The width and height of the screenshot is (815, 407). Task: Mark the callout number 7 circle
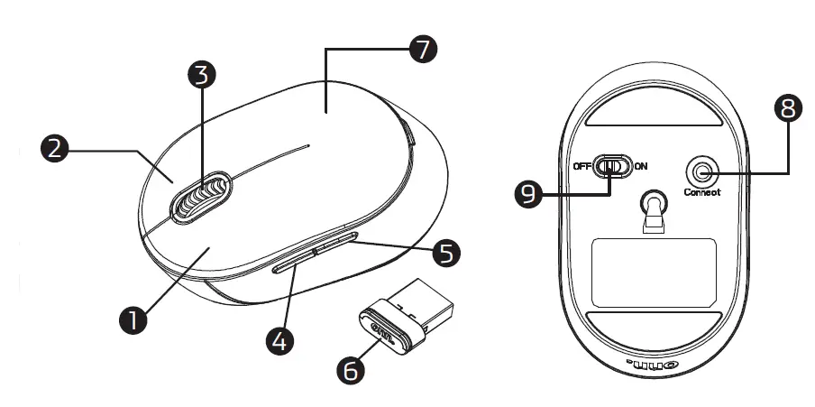(421, 50)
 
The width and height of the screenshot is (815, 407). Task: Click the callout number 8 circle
(788, 109)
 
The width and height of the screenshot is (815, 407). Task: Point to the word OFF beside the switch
(581, 167)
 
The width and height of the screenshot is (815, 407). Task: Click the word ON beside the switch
(641, 167)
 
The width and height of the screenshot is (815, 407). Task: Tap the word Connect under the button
(702, 192)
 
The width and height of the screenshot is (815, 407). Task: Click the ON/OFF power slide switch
(612, 167)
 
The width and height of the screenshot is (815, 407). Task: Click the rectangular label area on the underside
(654, 272)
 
